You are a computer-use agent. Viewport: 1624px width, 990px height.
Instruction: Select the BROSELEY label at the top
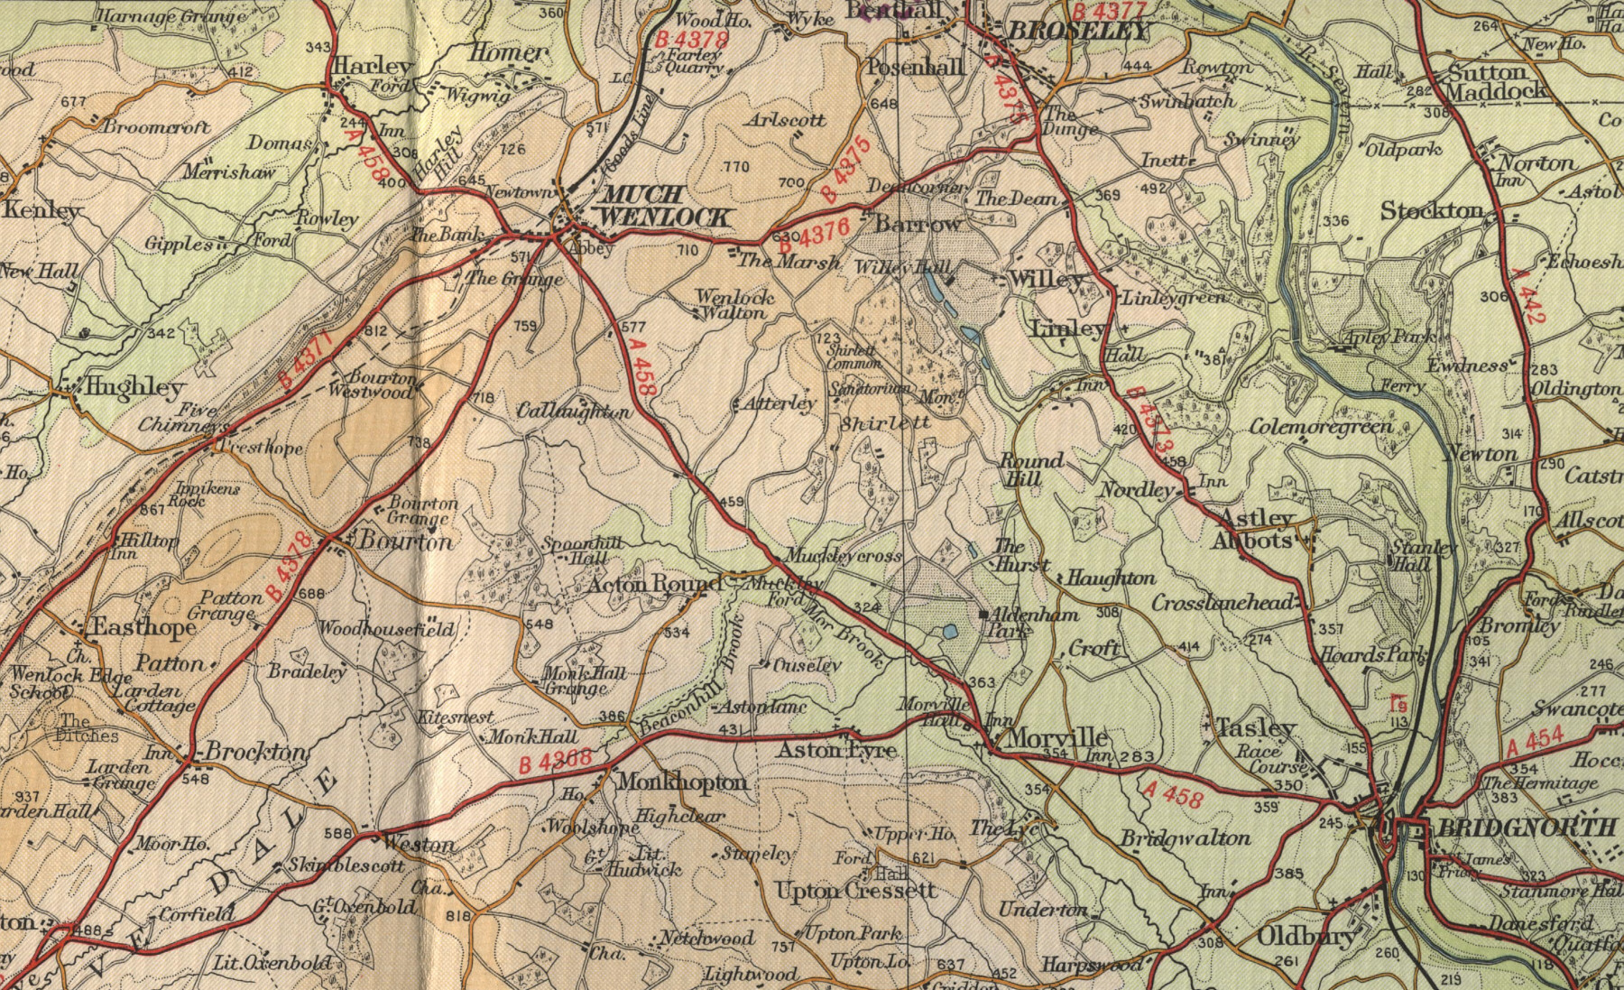tap(1078, 31)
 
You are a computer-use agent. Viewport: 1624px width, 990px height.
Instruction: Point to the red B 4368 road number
tap(556, 763)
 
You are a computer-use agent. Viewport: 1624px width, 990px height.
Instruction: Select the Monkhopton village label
tap(681, 782)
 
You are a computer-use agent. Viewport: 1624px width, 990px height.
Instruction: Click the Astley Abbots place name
tap(1257, 529)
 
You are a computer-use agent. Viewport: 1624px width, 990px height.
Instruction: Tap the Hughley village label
tap(133, 387)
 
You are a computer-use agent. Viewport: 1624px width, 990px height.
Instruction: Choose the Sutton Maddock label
tap(1496, 81)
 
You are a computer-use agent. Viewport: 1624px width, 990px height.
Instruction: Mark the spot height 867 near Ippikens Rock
tap(152, 509)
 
